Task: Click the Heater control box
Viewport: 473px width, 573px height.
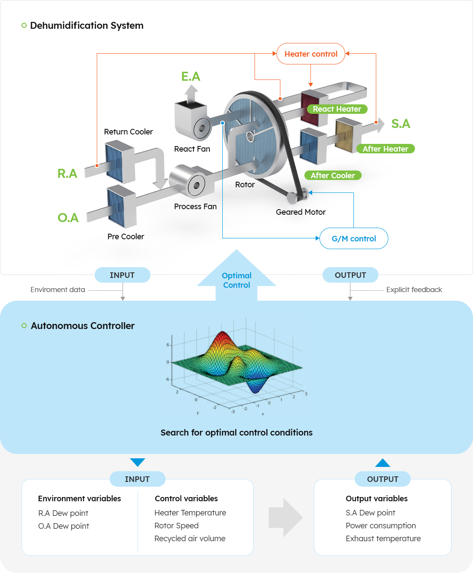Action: [310, 54]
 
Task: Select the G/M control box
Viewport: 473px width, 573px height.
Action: [353, 238]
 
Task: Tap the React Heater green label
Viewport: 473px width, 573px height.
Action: [337, 109]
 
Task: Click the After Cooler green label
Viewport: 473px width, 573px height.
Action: [333, 175]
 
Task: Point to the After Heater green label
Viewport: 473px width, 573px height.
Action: [385, 149]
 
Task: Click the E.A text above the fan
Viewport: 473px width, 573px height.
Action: [190, 76]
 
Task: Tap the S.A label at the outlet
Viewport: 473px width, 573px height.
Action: [400, 124]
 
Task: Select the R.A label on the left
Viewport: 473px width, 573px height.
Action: [68, 174]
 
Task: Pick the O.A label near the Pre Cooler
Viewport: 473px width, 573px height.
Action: [68, 218]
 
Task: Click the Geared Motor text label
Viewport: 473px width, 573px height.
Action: [301, 212]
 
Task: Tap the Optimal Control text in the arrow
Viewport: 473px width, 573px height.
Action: [236, 280]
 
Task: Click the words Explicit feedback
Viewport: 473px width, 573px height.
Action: [414, 290]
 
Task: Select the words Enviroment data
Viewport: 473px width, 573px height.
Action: [58, 290]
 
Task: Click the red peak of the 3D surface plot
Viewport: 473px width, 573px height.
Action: [222, 337]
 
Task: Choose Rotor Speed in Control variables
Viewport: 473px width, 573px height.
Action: [176, 526]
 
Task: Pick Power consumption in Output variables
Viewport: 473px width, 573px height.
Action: [381, 526]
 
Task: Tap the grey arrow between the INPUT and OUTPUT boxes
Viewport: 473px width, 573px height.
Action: [285, 518]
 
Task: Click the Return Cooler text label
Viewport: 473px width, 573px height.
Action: [128, 132]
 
